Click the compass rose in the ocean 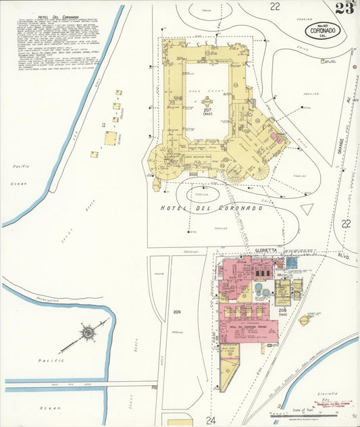88,334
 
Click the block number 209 177,311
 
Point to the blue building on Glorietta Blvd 291,261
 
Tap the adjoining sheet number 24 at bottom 211,419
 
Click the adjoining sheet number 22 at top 274,7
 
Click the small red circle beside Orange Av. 353,68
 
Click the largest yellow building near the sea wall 109,139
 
